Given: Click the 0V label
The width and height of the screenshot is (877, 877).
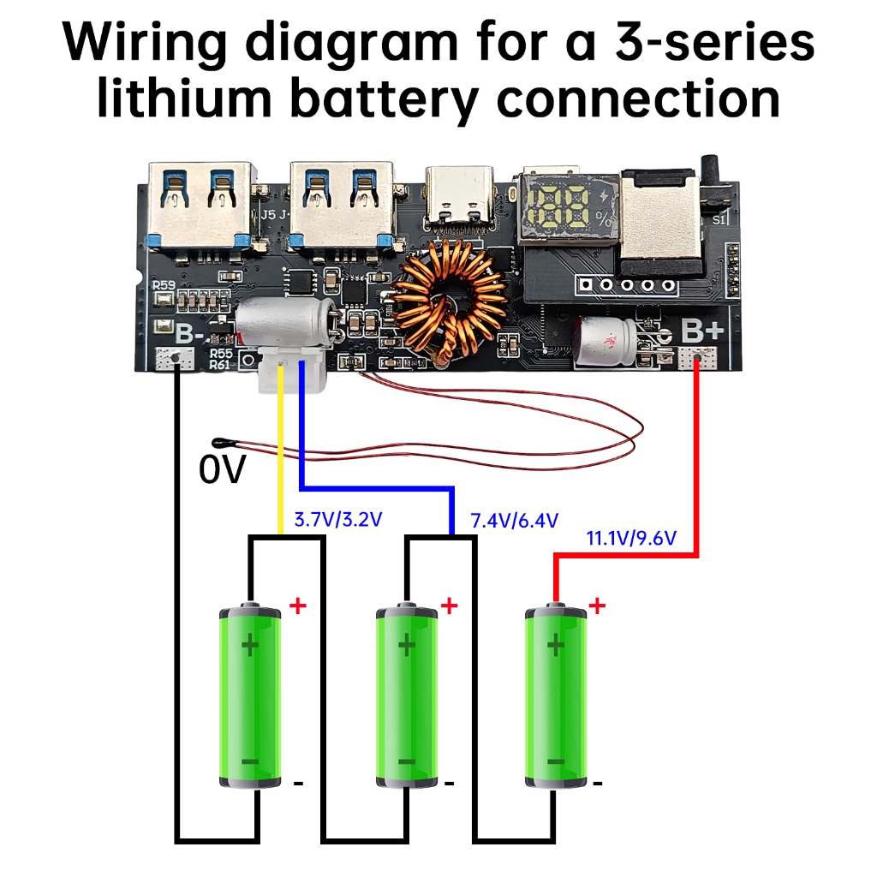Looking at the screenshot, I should (222, 470).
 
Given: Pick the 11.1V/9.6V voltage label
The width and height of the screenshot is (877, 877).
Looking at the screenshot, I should (631, 539).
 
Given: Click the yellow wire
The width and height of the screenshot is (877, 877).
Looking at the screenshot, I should (280, 454).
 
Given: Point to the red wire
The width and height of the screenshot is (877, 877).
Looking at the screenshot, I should (697, 462).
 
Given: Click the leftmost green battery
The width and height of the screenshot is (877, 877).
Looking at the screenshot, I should (250, 695).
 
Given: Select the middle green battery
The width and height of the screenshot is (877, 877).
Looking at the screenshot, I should (408, 695).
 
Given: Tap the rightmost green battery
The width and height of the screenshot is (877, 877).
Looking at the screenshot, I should (555, 695).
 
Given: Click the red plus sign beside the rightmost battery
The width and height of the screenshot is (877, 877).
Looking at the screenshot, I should (598, 606).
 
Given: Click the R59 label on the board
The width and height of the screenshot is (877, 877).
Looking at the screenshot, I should (164, 285).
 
